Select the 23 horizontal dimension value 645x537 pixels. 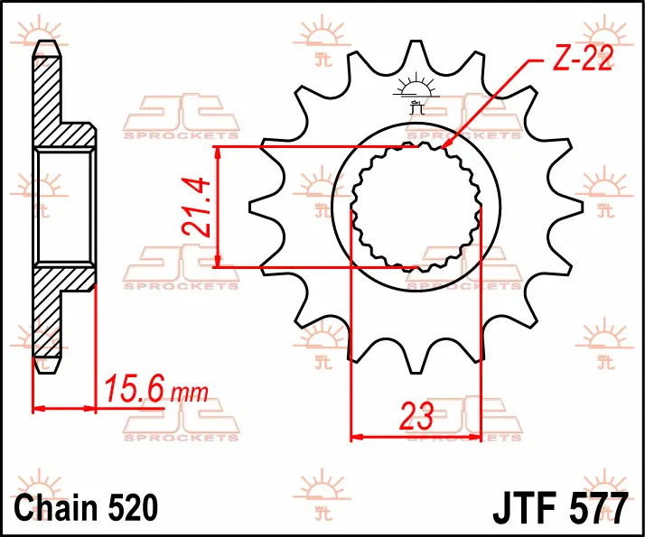[416, 416]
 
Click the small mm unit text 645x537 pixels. [190, 393]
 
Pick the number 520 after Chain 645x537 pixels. [134, 507]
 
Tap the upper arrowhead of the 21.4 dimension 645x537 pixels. [218, 153]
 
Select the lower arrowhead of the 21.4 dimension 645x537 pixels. [218, 261]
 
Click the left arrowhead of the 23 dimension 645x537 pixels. [357, 436]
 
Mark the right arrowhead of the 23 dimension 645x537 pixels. [474, 436]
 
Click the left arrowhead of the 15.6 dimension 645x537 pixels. [39, 409]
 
